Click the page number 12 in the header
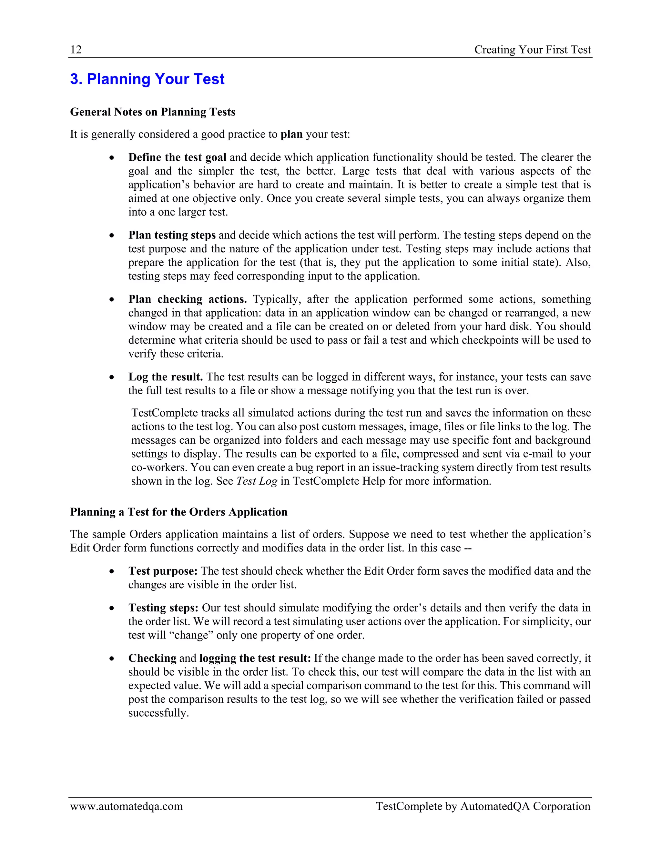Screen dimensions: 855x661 point(76,50)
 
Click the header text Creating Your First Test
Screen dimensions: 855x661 point(532,50)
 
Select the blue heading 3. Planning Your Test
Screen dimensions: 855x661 point(147,79)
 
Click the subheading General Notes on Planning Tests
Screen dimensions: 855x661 point(153,112)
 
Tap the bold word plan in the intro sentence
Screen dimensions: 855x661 point(291,134)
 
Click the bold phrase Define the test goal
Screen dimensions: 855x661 point(178,157)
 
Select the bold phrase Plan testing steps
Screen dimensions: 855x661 point(172,235)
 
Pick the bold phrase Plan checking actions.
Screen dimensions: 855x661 point(188,299)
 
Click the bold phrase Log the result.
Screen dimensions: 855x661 point(165,377)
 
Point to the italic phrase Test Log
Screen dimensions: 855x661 point(257,481)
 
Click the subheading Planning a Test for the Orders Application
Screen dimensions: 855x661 point(178,512)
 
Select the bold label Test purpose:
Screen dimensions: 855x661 point(163,571)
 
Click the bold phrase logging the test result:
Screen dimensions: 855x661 point(255,659)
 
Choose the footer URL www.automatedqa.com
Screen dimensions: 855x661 point(127,807)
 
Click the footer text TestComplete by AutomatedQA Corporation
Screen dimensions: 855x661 point(483,807)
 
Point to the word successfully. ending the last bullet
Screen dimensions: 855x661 point(158,713)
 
